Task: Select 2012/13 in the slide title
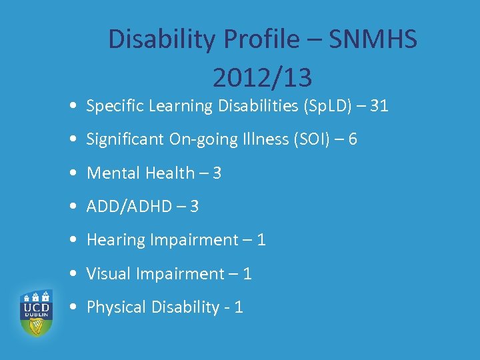pyautogui.click(x=262, y=79)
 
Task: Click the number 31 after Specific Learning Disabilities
pyautogui.click(x=377, y=105)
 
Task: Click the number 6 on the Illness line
pyautogui.click(x=352, y=139)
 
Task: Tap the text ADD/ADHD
pyautogui.click(x=129, y=207)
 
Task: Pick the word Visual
pyautogui.click(x=109, y=273)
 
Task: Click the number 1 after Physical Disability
pyautogui.click(x=238, y=307)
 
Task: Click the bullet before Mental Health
pyautogui.click(x=71, y=173)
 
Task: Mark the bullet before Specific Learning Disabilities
pyautogui.click(x=71, y=106)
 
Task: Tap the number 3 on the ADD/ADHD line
pyautogui.click(x=194, y=207)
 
